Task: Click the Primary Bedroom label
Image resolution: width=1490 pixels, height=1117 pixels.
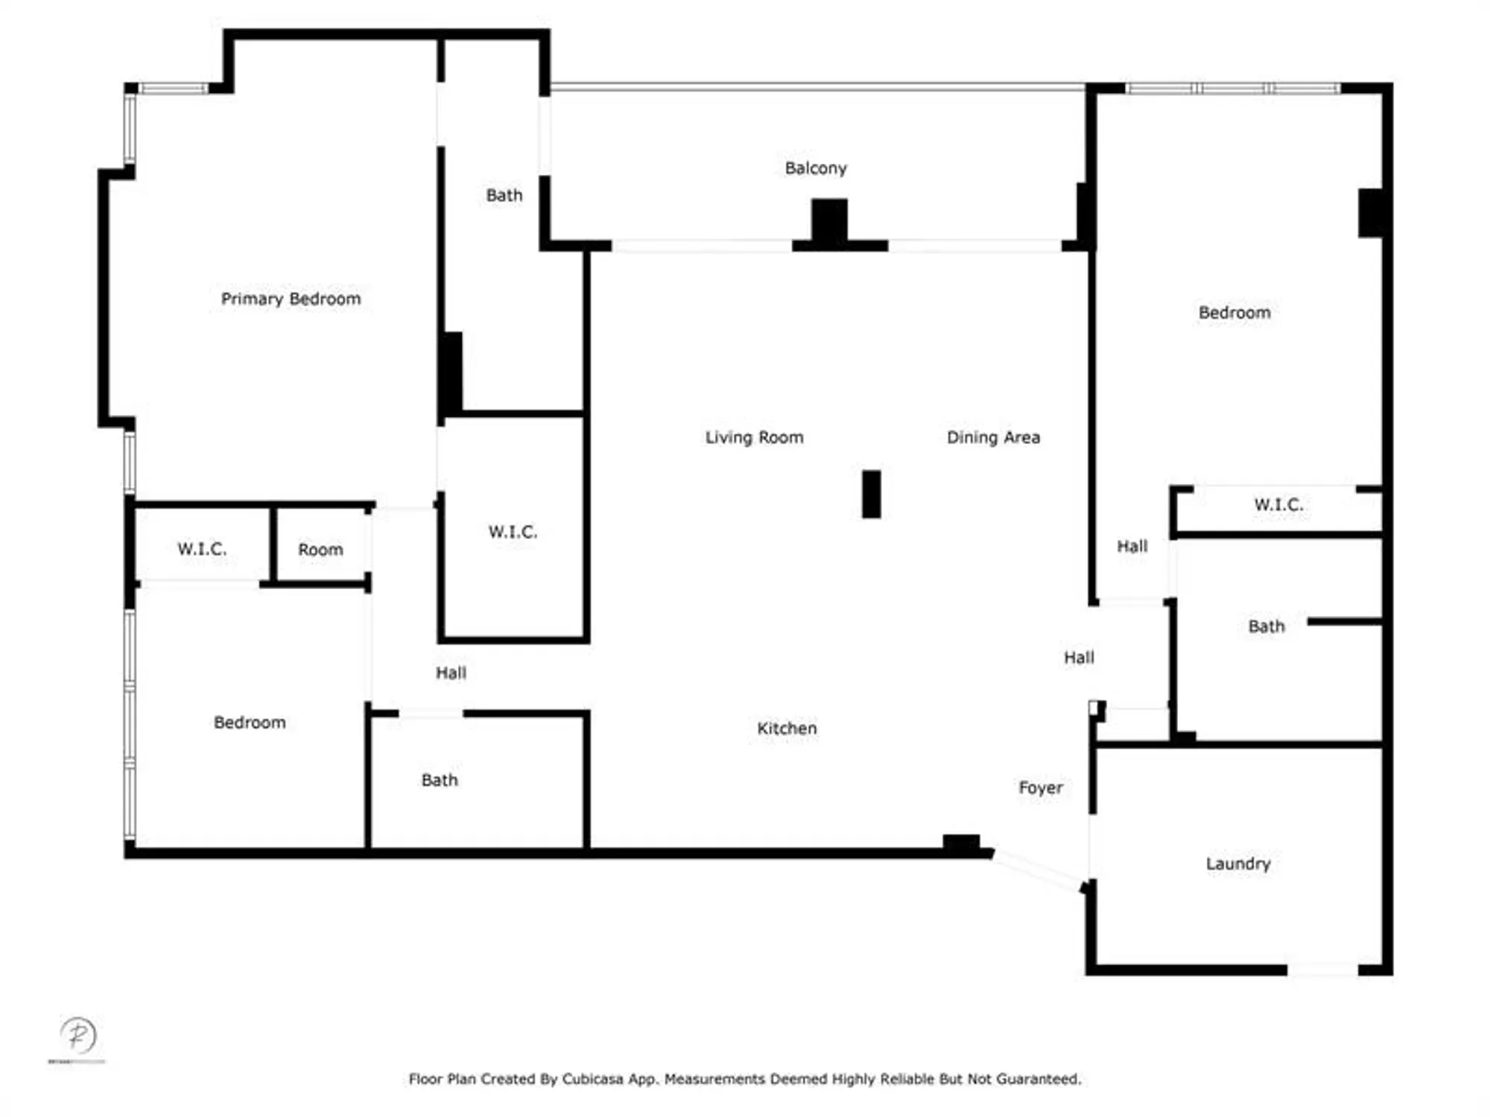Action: point(291,299)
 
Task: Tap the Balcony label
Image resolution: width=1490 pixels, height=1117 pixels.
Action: point(816,168)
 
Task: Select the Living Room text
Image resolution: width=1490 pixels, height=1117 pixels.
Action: point(754,437)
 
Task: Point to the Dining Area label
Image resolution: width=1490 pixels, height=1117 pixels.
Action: point(993,437)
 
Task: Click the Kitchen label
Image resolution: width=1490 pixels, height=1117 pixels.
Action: point(787,728)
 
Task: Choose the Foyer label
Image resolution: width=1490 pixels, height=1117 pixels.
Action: point(1041,788)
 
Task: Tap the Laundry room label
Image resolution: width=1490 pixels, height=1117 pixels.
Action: point(1238,864)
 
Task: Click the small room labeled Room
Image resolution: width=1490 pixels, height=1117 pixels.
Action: point(320,550)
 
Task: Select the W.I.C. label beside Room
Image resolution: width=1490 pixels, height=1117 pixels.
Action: point(202,549)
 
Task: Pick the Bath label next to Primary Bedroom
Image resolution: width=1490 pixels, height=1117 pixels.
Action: point(504,195)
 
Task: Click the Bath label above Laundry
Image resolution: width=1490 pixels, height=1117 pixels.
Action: point(1266,626)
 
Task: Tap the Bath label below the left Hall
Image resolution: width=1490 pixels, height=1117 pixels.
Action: point(440,780)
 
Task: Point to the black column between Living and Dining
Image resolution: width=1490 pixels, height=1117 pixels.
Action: point(871,494)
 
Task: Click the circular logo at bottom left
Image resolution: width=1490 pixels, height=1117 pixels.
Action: point(78,1035)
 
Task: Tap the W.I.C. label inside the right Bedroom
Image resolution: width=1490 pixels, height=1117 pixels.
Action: point(1278,504)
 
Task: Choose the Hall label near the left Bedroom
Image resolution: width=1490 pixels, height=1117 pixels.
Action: point(451,673)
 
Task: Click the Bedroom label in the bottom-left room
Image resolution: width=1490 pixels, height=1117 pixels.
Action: point(250,722)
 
